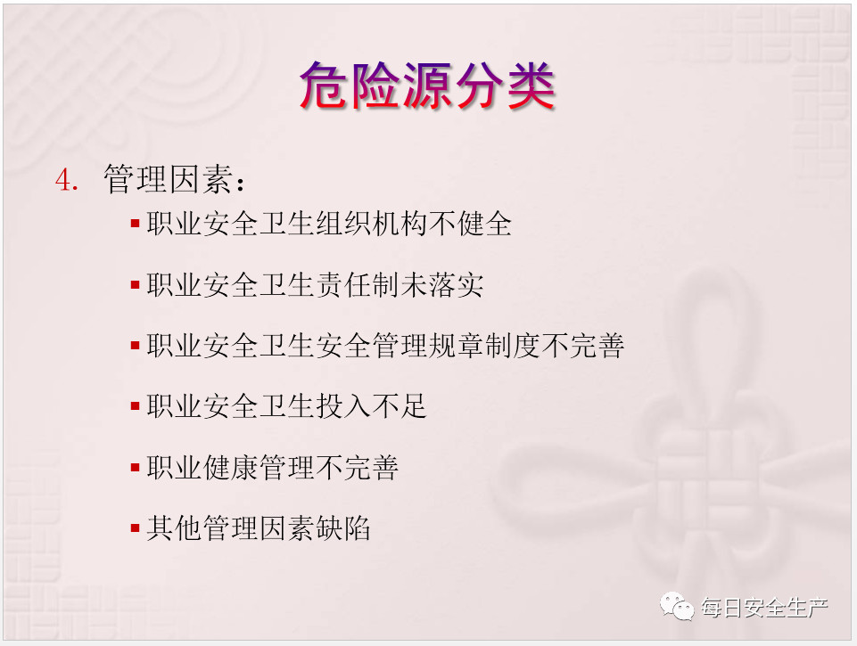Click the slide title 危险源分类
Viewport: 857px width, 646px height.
pos(427,86)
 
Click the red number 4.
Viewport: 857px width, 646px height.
pos(67,180)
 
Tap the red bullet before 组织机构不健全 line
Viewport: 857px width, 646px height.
pos(136,224)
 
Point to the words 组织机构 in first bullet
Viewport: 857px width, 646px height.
pos(371,224)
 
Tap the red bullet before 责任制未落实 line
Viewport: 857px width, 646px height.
pos(136,284)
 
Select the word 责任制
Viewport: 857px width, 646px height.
pos(358,285)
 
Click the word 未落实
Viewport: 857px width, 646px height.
pos(442,285)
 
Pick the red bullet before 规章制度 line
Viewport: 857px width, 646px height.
pos(136,346)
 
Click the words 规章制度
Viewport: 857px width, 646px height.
pos(484,347)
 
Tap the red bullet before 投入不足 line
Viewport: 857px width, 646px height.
pos(136,406)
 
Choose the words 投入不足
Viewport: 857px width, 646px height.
pos(371,407)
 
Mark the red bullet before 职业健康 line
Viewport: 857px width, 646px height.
pos(136,468)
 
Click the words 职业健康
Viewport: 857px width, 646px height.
pos(202,468)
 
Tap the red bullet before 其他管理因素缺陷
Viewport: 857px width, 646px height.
pos(136,528)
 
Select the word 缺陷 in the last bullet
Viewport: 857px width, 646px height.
pos(343,528)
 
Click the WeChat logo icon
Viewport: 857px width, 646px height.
pos(677,607)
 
